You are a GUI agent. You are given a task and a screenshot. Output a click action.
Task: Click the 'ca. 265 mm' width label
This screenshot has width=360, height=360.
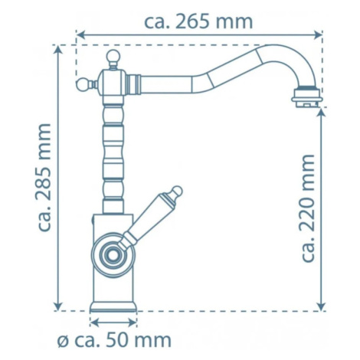pyautogui.click(x=198, y=21)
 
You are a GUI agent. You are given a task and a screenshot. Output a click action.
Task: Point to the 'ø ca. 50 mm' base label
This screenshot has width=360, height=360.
pyautogui.click(x=114, y=340)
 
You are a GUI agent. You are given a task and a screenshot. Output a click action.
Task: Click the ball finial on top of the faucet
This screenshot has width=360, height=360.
pyautogui.click(x=113, y=57)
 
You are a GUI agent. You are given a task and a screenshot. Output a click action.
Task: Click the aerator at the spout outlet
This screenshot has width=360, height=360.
pyautogui.click(x=306, y=98)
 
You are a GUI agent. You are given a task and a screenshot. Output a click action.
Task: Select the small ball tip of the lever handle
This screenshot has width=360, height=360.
pyautogui.click(x=177, y=191)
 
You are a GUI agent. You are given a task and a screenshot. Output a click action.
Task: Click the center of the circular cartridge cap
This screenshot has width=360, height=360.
pyautogui.click(x=113, y=255)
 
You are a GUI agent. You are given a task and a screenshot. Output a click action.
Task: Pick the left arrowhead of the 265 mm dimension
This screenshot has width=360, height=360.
pyautogui.click(x=80, y=34)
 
